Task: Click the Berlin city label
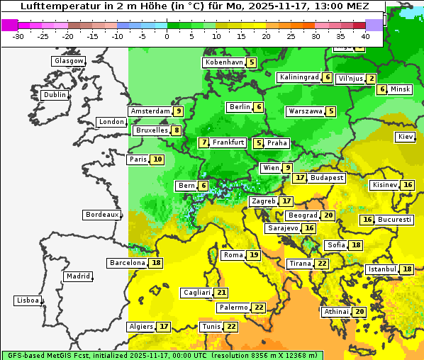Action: (240, 107)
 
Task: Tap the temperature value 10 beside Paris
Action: (157, 159)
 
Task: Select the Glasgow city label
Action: (68, 61)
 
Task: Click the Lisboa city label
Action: (27, 300)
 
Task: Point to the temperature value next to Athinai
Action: (359, 312)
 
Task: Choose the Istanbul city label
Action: (383, 269)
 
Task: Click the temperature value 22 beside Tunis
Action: (230, 327)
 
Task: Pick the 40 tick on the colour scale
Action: (365, 36)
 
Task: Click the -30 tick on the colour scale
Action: (18, 36)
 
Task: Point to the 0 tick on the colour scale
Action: (167, 36)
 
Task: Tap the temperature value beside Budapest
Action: (300, 178)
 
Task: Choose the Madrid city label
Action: (77, 276)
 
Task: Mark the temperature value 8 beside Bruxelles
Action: (176, 130)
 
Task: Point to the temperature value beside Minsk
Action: (381, 89)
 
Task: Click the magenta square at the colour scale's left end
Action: (9, 25)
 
